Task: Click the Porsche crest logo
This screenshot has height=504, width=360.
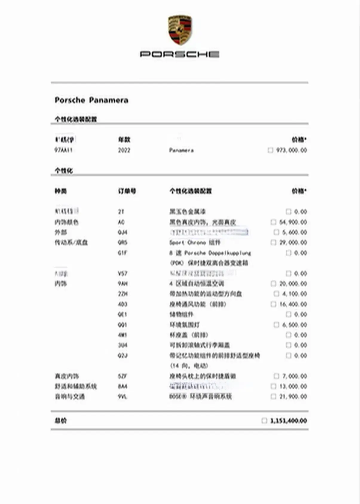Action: click(x=180, y=30)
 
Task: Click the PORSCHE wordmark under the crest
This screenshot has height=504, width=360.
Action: click(x=180, y=54)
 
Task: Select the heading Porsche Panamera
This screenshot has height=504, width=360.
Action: click(x=91, y=100)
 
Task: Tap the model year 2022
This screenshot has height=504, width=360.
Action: click(x=124, y=150)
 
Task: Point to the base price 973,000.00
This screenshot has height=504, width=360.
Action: click(x=291, y=150)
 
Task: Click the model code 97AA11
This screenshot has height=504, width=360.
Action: click(x=63, y=150)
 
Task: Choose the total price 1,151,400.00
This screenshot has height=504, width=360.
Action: click(x=288, y=420)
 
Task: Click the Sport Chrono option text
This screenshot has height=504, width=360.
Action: click(x=195, y=242)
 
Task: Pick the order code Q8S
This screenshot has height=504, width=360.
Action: click(x=122, y=242)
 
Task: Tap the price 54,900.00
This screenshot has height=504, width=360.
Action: click(x=293, y=222)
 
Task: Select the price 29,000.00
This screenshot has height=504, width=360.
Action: click(x=293, y=242)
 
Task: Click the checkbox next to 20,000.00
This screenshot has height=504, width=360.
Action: click(x=273, y=283)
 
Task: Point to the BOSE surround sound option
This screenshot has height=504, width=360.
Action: click(x=200, y=397)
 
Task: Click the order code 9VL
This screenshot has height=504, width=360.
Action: click(x=122, y=397)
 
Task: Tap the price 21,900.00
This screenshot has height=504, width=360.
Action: click(x=293, y=397)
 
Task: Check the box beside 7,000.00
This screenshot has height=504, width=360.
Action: click(x=276, y=376)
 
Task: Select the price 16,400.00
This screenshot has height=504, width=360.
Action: click(x=293, y=304)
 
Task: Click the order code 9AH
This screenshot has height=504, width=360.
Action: click(x=122, y=283)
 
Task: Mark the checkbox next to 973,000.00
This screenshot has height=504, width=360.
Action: click(x=270, y=150)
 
